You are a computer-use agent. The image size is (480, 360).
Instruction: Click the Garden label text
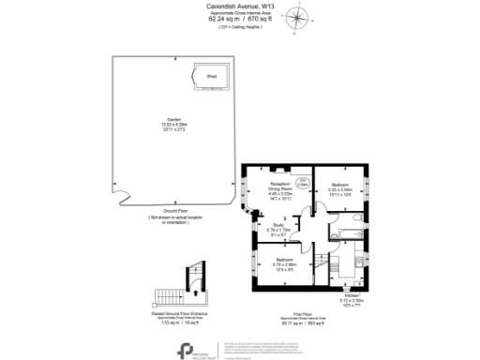(x=174, y=119)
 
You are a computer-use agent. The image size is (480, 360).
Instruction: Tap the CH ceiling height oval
(x=303, y=184)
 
